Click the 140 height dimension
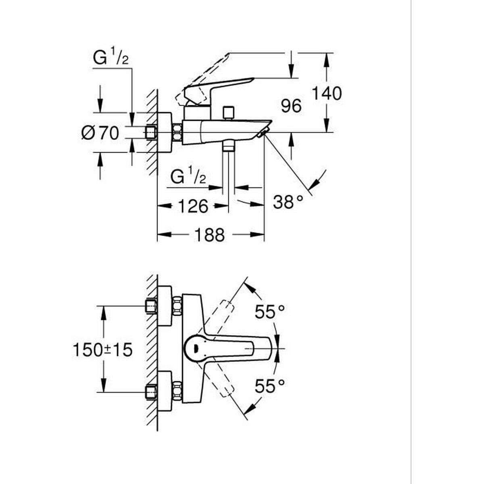(327, 94)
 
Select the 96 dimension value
(291, 106)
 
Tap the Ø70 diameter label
(100, 133)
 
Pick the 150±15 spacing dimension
(102, 350)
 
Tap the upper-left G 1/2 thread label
(111, 58)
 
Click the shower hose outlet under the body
(229, 146)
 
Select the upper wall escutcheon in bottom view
(165, 306)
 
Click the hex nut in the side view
(177, 132)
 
